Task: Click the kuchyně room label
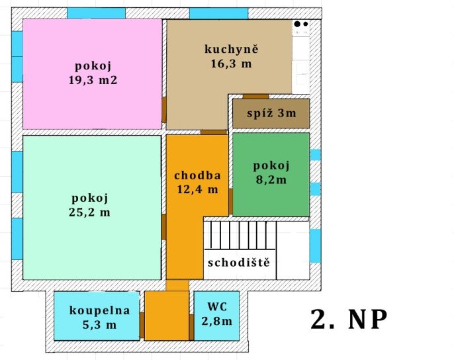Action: coord(232,49)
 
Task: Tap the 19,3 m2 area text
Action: coord(93,80)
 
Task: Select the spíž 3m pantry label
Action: coord(271,113)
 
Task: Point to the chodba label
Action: coord(197,175)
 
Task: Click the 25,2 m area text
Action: coord(89,212)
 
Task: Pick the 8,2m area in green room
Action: coord(271,180)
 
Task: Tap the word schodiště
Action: coord(239,263)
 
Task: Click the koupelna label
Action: coord(99,310)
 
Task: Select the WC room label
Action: coord(217,306)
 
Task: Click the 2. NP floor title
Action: coord(349,320)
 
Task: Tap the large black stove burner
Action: coord(297,24)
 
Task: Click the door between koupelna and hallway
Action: coord(142,325)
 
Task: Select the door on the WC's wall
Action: coord(191,328)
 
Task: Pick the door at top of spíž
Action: coord(255,97)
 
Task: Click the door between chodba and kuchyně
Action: coord(214,132)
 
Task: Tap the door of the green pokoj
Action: coord(231,202)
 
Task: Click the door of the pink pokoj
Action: coord(164,109)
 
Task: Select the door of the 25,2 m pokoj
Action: coord(163,227)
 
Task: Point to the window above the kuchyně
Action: coord(219,13)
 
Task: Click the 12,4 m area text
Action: coord(197,189)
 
